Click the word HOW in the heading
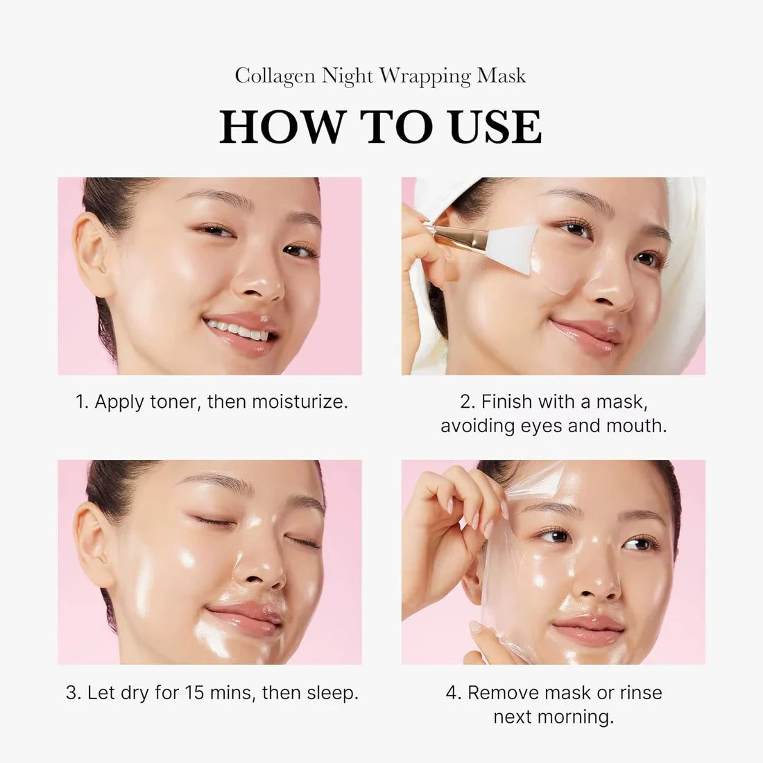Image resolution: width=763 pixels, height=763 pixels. [281, 127]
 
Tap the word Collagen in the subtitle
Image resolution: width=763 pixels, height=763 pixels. [275, 76]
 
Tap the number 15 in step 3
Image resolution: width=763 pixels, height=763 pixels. [197, 692]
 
